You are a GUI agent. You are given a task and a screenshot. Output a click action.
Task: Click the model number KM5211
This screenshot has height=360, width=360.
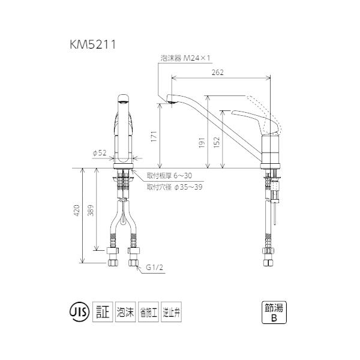pyautogui.click(x=93, y=44)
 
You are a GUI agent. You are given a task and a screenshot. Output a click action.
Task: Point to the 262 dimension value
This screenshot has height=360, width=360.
pyautogui.click(x=217, y=73)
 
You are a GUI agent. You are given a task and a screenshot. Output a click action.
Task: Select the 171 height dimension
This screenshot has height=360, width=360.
pyautogui.click(x=154, y=136)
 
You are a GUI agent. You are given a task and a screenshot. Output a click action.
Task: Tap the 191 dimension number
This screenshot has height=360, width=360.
pyautogui.click(x=202, y=143)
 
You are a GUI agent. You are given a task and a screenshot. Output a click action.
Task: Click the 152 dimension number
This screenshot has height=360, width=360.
pyautogui.click(x=217, y=142)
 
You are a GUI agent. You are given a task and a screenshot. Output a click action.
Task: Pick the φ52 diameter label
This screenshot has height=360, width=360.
pyautogui.click(x=100, y=153)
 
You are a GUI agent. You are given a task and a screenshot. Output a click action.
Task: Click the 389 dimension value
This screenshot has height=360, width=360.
pyautogui.click(x=91, y=210)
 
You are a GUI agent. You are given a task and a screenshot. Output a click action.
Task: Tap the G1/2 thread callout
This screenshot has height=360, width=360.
pyautogui.click(x=154, y=268)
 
